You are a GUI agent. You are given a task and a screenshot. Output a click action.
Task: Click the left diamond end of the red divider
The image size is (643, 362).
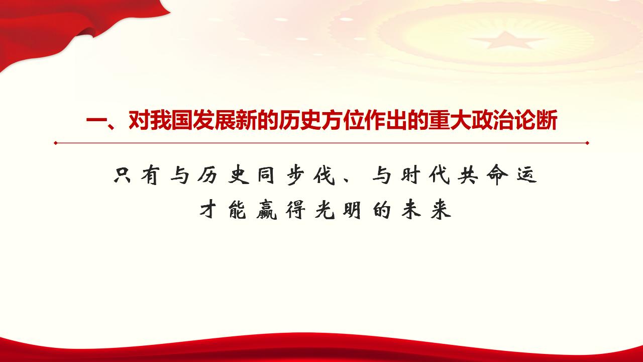[x=55, y=143]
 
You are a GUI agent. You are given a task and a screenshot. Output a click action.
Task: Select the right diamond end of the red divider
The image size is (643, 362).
[x=587, y=143]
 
